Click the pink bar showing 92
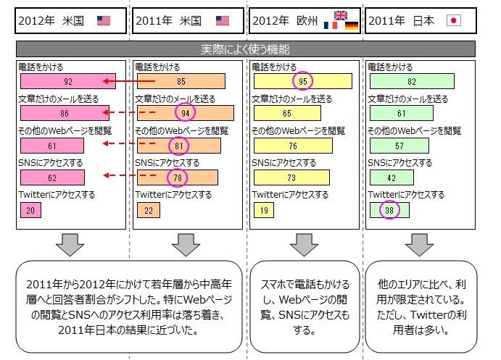[68, 81]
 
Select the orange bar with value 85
[181, 81]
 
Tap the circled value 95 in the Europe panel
[302, 81]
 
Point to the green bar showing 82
[412, 81]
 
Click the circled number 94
[186, 112]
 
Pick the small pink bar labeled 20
[30, 210]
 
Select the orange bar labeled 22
[149, 210]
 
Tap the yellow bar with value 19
[264, 210]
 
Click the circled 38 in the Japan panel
[389, 209]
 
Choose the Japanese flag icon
[454, 21]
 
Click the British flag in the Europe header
[341, 15]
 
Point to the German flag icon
[352, 25]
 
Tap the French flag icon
[331, 25]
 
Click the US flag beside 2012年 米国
[104, 21]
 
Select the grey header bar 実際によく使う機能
[246, 49]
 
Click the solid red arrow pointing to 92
[129, 81]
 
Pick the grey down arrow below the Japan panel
[420, 245]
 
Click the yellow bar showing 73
[291, 177]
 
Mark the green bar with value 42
[392, 177]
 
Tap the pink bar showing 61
[52, 146]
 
